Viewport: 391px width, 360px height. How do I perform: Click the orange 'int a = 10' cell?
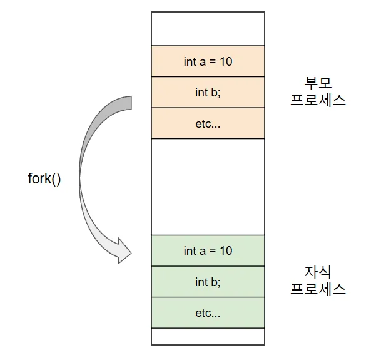click(x=208, y=61)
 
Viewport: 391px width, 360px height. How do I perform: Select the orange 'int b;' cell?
click(x=208, y=93)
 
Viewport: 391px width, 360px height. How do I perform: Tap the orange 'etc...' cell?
click(x=208, y=123)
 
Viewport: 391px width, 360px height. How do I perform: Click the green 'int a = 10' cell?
click(x=208, y=250)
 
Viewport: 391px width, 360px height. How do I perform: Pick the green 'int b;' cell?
click(x=208, y=282)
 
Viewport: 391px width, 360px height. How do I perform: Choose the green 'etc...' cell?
click(x=208, y=312)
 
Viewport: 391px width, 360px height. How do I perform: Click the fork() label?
click(x=44, y=178)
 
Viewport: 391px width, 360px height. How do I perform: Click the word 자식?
click(x=318, y=272)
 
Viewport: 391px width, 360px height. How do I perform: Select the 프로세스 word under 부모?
click(x=318, y=100)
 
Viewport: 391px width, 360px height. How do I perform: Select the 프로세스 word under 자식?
click(x=318, y=289)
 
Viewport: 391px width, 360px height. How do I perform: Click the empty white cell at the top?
click(x=208, y=28)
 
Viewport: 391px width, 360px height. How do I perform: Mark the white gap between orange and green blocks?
click(x=208, y=187)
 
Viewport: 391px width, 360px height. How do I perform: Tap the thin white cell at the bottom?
click(x=208, y=336)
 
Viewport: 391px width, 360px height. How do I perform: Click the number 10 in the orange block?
click(x=225, y=61)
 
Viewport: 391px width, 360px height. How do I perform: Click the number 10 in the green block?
click(x=225, y=250)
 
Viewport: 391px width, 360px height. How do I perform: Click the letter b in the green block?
click(x=215, y=282)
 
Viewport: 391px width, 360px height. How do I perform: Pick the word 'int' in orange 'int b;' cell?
click(x=201, y=93)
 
